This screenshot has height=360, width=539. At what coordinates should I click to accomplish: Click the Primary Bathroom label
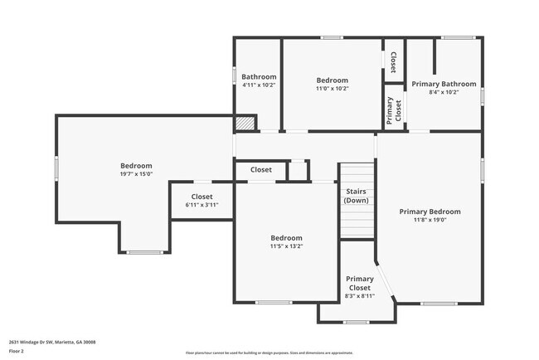[x=444, y=84]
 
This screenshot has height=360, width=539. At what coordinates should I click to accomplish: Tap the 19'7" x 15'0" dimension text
[x=136, y=174]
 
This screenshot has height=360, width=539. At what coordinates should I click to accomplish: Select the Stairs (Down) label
[x=357, y=196]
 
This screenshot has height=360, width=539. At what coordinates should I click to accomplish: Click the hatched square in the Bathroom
[x=243, y=124]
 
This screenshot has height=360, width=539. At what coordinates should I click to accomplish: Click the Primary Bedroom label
[x=430, y=212]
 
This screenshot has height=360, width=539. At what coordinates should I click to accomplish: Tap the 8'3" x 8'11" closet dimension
[x=359, y=295]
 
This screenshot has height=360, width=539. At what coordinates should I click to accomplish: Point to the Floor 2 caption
[x=17, y=351]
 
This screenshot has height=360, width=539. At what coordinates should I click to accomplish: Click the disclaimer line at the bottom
[x=269, y=353]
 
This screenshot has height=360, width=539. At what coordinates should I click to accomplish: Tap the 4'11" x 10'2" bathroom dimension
[x=258, y=85]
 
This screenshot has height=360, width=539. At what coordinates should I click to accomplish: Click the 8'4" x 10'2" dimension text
[x=444, y=92]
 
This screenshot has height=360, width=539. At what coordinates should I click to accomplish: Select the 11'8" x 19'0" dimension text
[x=430, y=220]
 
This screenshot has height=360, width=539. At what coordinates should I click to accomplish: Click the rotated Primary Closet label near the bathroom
[x=393, y=110]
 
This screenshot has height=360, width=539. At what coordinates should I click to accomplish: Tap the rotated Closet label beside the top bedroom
[x=393, y=61]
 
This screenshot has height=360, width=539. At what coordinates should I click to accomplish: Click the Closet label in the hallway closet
[x=260, y=169]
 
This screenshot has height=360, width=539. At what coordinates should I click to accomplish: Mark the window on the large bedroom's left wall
[x=57, y=168]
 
